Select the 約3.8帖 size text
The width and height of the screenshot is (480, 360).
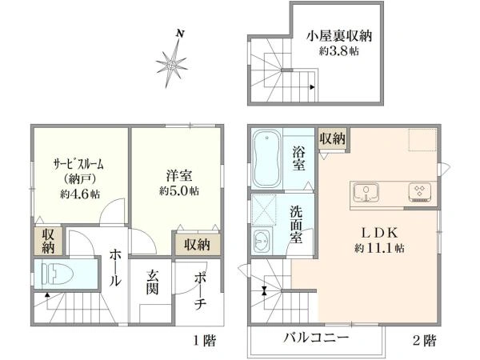340,51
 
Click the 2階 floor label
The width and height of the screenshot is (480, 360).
424,341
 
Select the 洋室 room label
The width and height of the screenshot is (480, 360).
178,175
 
